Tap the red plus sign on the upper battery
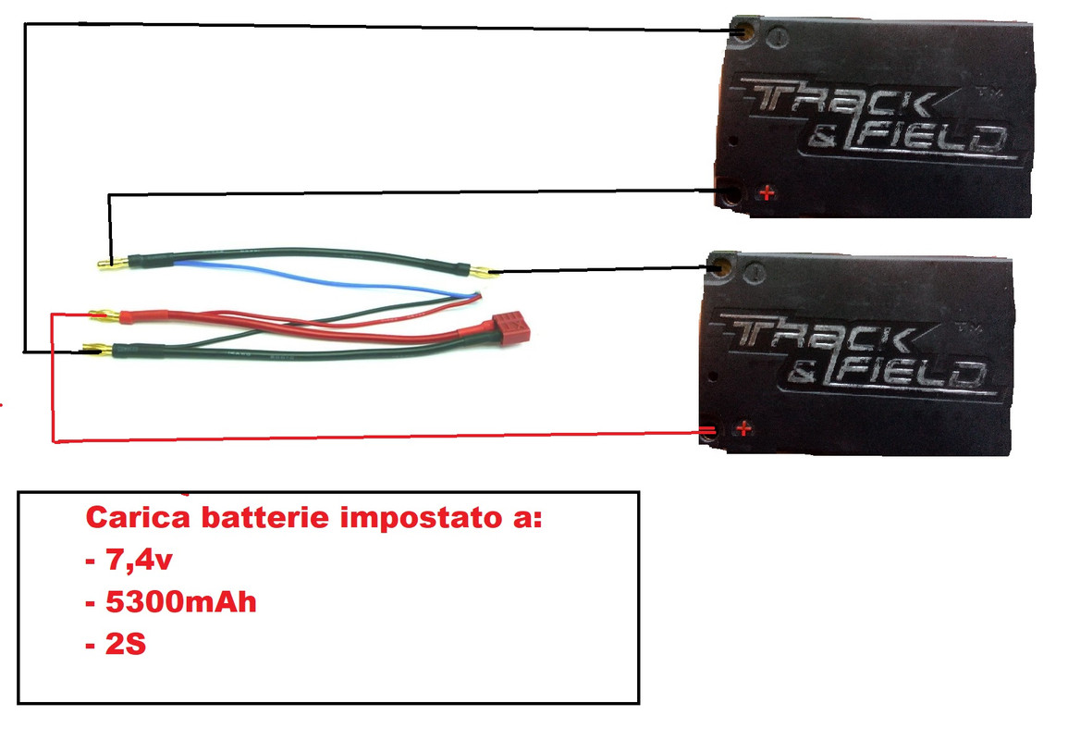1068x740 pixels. [x=766, y=193]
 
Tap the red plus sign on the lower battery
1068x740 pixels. [x=742, y=429]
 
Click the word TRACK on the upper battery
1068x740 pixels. [x=841, y=100]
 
